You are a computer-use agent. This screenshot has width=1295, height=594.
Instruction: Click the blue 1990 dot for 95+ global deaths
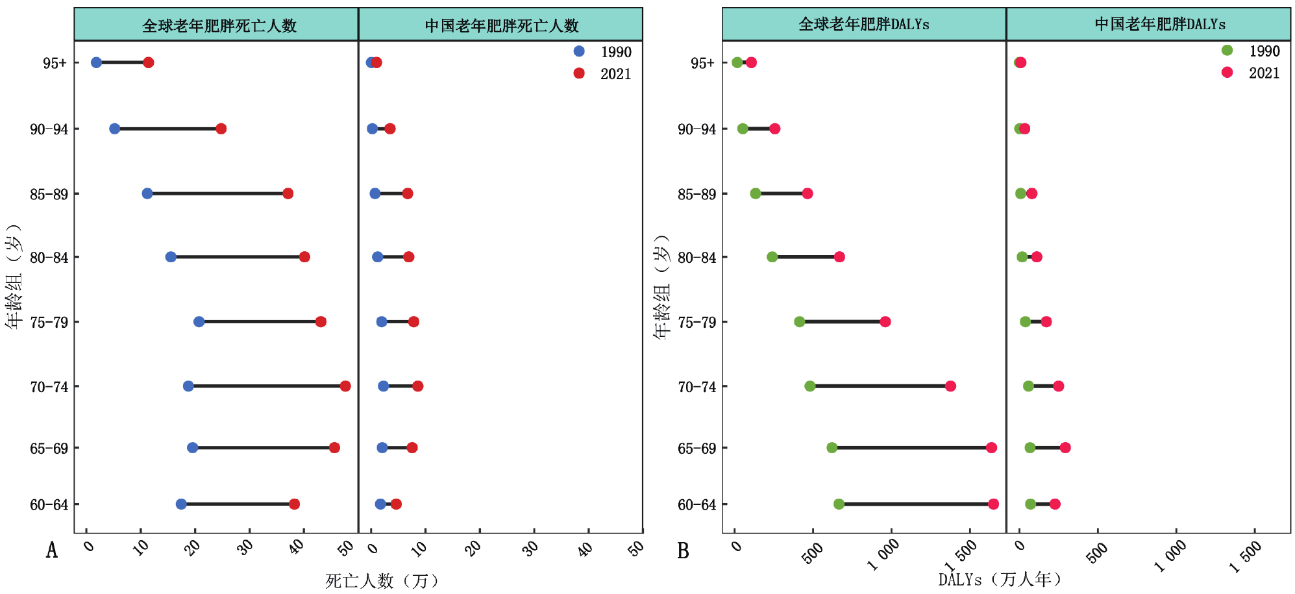click(x=96, y=62)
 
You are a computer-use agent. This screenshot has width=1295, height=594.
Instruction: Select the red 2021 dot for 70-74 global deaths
click(x=345, y=386)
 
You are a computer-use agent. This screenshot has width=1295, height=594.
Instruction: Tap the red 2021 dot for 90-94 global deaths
click(x=221, y=129)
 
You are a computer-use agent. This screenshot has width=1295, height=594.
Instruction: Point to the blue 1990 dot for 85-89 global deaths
click(x=147, y=193)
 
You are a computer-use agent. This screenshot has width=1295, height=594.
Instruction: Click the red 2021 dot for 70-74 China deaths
click(x=418, y=386)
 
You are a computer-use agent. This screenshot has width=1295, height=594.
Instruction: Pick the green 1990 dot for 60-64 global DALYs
click(x=839, y=504)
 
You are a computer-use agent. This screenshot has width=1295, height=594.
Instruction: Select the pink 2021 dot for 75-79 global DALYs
click(x=885, y=322)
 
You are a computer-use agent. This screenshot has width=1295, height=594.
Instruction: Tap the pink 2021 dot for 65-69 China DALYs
click(x=1065, y=448)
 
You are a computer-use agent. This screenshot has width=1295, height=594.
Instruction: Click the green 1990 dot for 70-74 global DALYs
click(x=810, y=386)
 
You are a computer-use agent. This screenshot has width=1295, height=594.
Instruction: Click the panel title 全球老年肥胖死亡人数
click(x=219, y=25)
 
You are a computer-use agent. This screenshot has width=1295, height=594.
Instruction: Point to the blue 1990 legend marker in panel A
click(x=579, y=51)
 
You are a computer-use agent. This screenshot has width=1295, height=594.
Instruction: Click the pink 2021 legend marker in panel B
click(x=1227, y=72)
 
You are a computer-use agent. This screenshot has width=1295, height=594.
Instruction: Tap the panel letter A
click(x=52, y=551)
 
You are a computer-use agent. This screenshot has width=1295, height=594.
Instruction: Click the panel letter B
click(x=683, y=551)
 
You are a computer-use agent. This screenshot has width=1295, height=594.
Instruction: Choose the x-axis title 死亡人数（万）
click(x=382, y=580)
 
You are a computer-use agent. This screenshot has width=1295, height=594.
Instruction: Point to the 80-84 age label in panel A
click(x=49, y=258)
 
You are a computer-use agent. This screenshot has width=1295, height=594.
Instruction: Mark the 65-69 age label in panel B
click(x=697, y=449)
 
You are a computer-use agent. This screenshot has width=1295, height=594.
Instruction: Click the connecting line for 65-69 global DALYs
click(x=911, y=448)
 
